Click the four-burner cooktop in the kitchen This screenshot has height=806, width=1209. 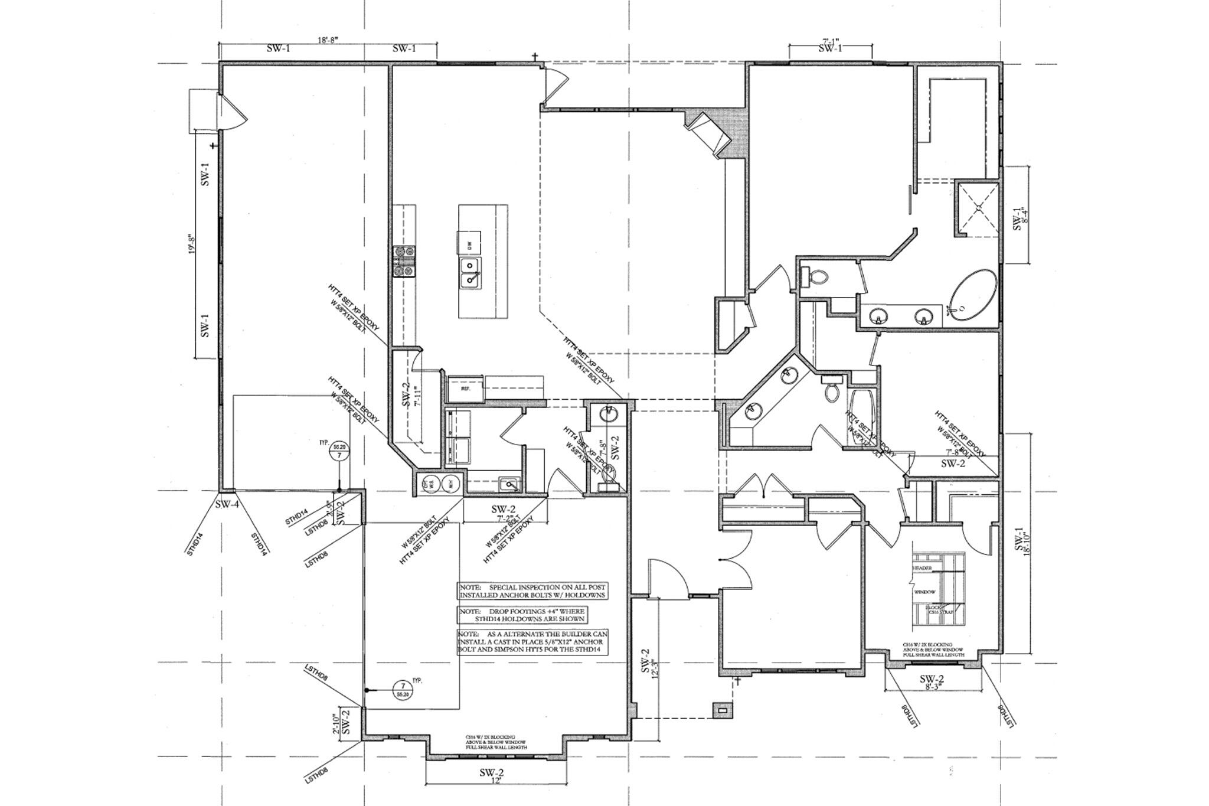pyautogui.click(x=406, y=262)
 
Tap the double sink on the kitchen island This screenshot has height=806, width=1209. pyautogui.click(x=470, y=273)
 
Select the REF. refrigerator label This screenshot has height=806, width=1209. pyautogui.click(x=465, y=390)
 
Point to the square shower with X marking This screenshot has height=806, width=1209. pyautogui.click(x=978, y=207)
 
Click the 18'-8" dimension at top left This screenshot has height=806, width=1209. pyautogui.click(x=328, y=40)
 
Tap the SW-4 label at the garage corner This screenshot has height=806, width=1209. pyautogui.click(x=227, y=504)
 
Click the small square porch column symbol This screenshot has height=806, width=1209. pyautogui.click(x=721, y=710)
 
